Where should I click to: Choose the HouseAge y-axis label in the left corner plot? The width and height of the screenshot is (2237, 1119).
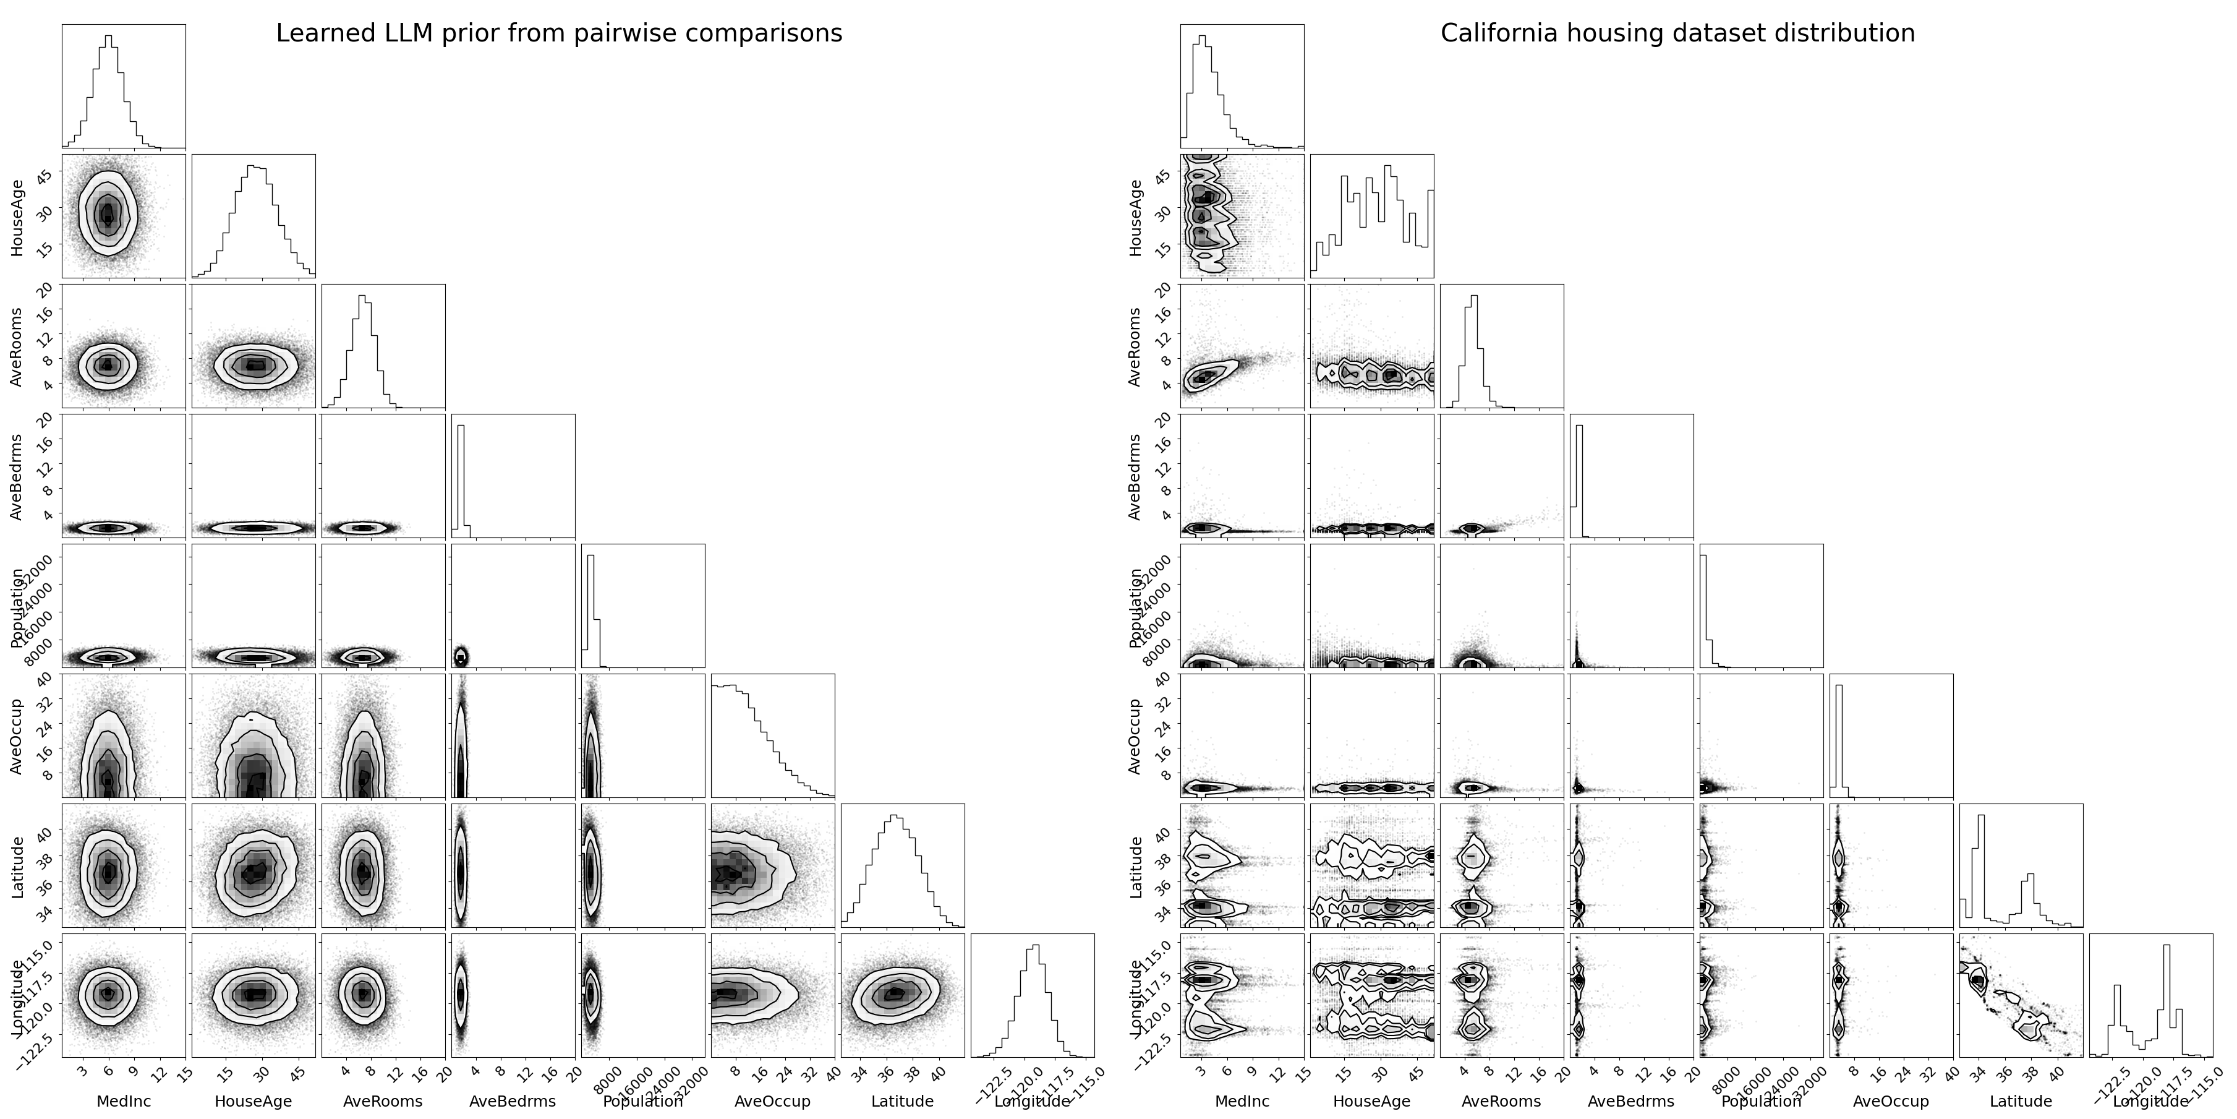click(17, 217)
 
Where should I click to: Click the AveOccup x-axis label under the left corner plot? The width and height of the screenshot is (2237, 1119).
click(772, 1102)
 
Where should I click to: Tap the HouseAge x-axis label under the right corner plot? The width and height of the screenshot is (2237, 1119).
click(1371, 1102)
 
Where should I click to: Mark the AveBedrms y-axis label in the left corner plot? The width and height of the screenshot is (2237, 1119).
click(17, 476)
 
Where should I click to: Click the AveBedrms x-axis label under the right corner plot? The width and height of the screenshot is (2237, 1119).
click(1631, 1102)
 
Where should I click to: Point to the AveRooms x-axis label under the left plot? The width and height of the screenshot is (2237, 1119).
click(383, 1102)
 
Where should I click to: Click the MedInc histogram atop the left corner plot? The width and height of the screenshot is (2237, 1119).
click(123, 86)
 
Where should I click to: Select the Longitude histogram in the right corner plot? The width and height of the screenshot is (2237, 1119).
click(2150, 995)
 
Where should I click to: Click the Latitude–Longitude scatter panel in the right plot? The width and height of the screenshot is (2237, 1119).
click(2021, 995)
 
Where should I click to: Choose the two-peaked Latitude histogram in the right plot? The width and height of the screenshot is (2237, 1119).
click(2021, 865)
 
